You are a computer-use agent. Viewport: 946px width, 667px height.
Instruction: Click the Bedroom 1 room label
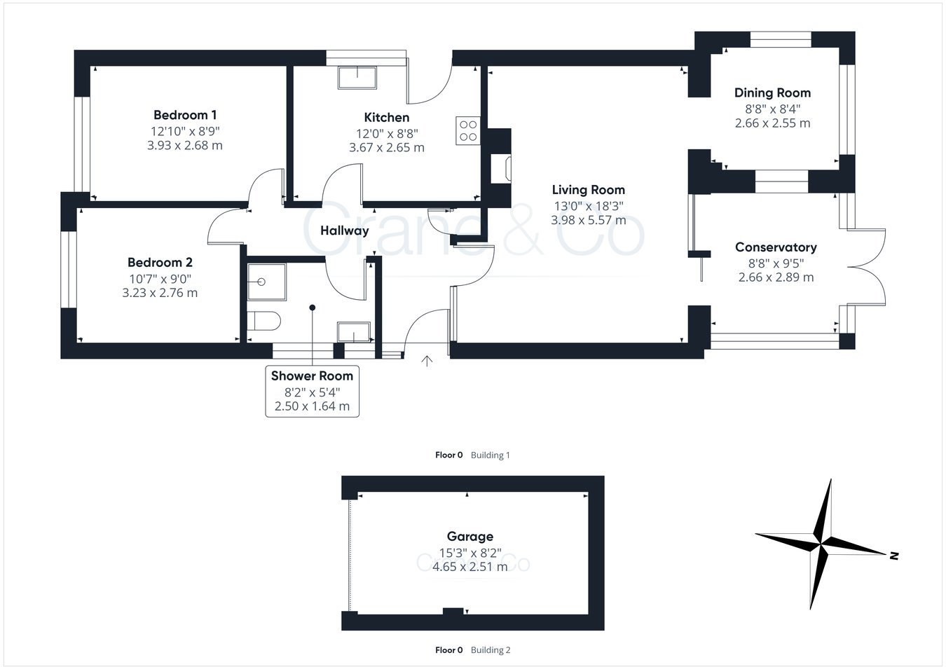(185, 115)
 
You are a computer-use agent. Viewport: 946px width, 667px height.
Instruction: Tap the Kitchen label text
(386, 118)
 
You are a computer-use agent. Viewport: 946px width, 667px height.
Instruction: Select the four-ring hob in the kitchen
(468, 130)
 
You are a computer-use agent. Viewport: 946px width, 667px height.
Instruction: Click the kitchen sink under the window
(357, 77)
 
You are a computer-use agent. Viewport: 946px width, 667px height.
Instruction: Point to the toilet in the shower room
(263, 321)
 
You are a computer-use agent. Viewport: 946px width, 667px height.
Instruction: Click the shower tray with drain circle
(266, 282)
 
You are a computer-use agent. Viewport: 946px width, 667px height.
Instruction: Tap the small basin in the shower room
(353, 332)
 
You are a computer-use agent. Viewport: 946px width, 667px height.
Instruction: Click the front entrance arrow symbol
(427, 361)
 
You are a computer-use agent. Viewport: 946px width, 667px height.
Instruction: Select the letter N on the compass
(893, 556)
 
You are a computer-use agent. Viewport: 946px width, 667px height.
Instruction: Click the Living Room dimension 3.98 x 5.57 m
(589, 220)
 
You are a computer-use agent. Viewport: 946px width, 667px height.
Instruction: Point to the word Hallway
(345, 231)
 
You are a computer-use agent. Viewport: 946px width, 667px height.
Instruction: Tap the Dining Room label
(772, 93)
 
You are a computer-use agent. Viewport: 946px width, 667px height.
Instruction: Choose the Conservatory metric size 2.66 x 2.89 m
(776, 277)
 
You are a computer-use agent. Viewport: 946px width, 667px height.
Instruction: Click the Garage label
(470, 536)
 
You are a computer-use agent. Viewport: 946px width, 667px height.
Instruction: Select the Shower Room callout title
(312, 376)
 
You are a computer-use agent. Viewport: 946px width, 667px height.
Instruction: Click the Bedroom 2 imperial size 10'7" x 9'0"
(160, 279)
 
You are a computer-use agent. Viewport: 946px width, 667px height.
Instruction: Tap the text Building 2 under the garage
(491, 650)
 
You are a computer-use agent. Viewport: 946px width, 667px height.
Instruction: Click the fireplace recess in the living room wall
(500, 169)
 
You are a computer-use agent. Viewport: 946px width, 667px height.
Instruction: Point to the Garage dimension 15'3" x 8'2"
(470, 553)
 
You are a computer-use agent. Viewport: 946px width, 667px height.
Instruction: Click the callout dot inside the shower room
(312, 308)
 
